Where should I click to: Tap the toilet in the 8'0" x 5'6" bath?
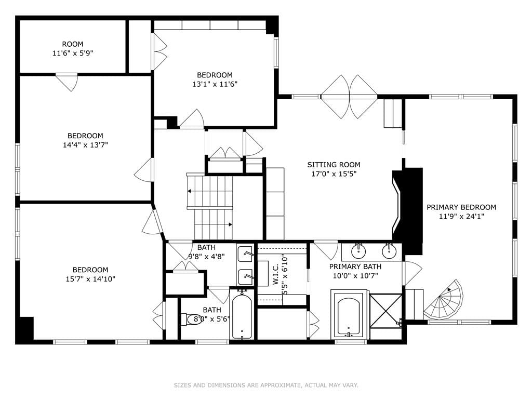coord(192,319)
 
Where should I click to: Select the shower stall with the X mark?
coord(385,311)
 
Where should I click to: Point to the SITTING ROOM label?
coord(334,165)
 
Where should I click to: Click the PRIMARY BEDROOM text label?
coord(461,207)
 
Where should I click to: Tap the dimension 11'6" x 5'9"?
coord(73,54)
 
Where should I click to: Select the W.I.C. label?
coord(275,274)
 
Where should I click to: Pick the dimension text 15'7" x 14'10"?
coord(90,279)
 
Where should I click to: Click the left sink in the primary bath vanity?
coord(358,251)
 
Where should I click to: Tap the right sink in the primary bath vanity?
coord(389,251)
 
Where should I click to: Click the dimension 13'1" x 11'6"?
coord(215,84)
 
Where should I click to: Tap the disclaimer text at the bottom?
coord(266,385)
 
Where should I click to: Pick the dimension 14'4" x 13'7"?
coord(85,145)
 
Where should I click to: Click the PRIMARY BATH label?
coord(355,267)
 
